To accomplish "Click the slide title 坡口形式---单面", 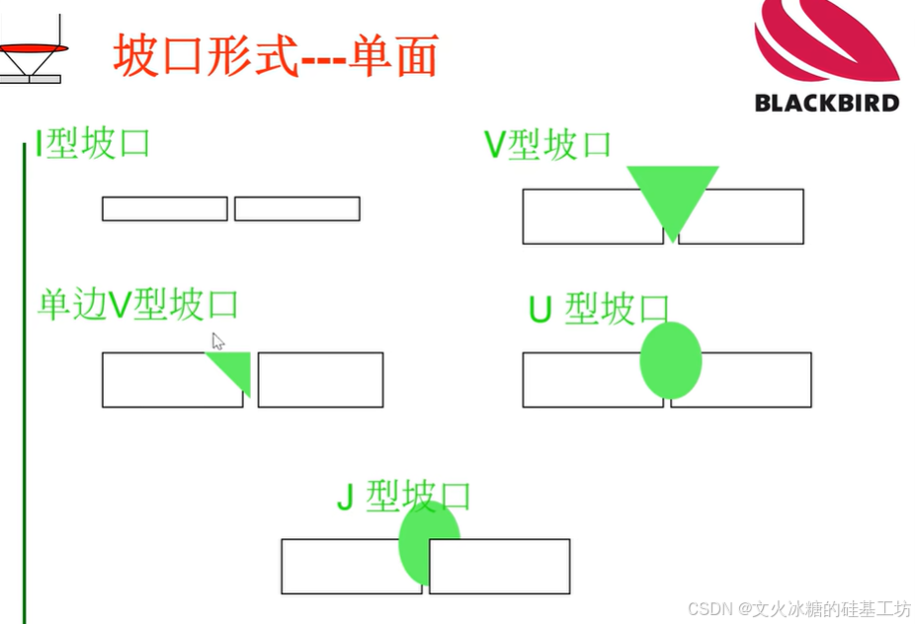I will tap(276, 56).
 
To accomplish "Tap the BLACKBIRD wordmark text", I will tap(827, 102).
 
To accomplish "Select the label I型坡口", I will tap(93, 144).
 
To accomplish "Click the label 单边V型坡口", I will tap(138, 304).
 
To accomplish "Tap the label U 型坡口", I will tap(599, 309).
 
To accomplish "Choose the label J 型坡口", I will tap(403, 497).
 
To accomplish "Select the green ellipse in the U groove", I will tap(671, 360).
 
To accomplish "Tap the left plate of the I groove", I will tap(165, 208).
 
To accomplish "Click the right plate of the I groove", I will tap(296, 208).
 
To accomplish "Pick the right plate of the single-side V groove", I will tap(320, 379).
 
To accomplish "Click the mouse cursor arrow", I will tap(217, 341).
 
